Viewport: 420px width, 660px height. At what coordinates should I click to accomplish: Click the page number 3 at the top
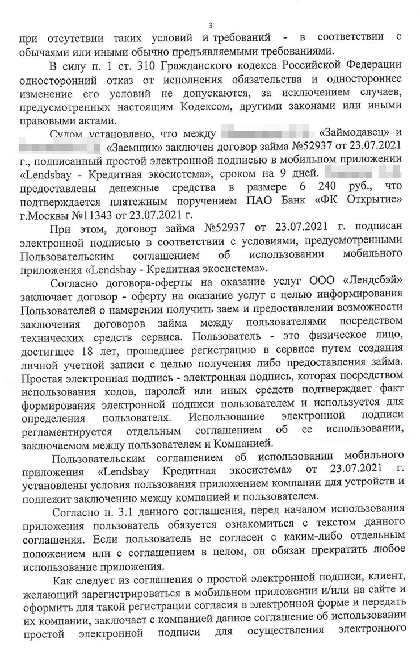[x=211, y=25]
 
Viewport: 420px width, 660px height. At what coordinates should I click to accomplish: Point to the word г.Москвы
[x=39, y=214]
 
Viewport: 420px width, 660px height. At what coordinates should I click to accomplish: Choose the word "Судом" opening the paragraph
[x=69, y=134]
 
